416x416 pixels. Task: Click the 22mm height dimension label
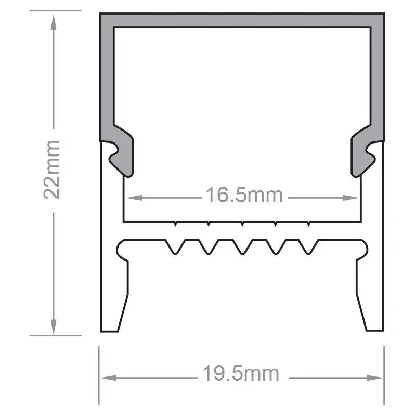click(53, 169)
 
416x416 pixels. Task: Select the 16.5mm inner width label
click(244, 196)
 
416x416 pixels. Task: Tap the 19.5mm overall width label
click(241, 373)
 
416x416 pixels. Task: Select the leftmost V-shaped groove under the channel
click(175, 247)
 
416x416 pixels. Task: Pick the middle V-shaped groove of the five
click(242, 247)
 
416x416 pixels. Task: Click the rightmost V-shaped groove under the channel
click(308, 247)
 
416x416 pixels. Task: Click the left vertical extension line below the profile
click(99, 374)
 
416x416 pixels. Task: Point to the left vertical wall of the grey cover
click(107, 78)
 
